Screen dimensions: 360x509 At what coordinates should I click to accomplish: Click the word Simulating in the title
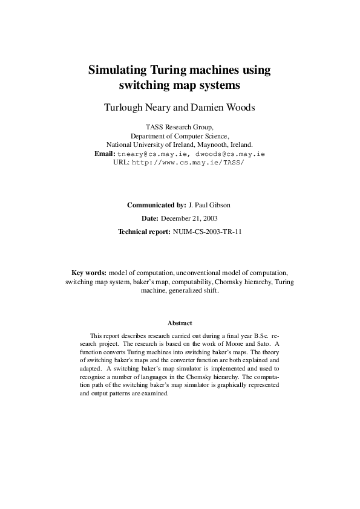(117, 70)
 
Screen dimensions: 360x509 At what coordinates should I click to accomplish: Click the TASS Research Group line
(180, 127)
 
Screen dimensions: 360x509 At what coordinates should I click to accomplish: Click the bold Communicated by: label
(154, 205)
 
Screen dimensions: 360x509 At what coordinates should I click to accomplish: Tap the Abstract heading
(180, 323)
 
